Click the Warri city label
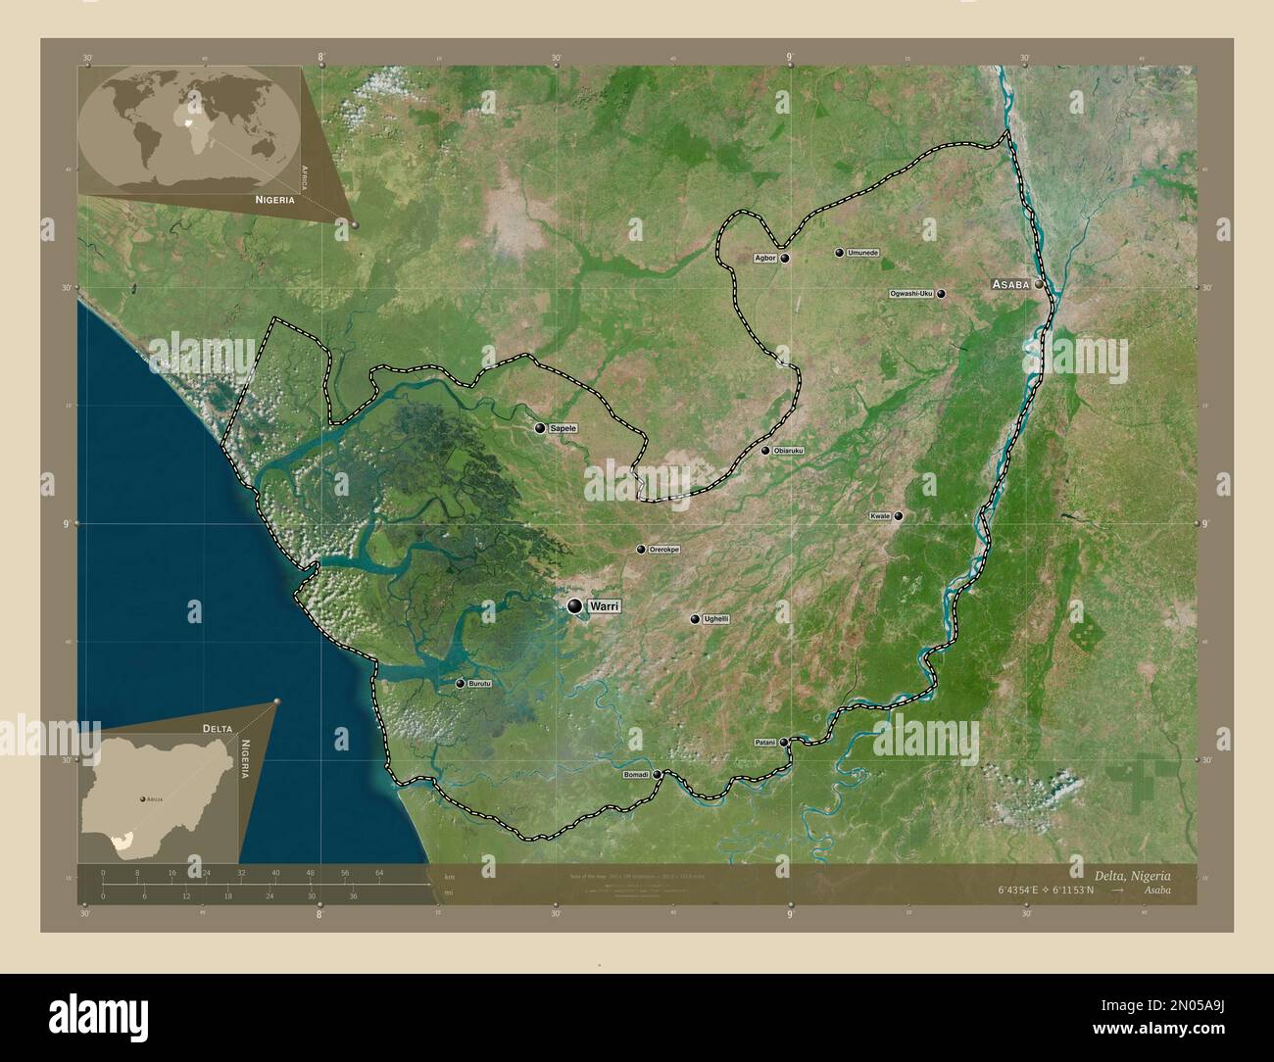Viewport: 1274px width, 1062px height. pos(605,607)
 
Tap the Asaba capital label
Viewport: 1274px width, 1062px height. pos(1010,284)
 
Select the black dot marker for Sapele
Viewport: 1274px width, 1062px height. pos(540,428)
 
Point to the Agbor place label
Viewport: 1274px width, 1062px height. pos(765,259)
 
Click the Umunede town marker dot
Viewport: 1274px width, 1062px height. pos(839,253)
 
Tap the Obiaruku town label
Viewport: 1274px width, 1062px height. pos(788,451)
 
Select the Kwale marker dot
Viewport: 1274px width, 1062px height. pos(898,515)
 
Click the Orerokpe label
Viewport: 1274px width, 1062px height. pos(664,550)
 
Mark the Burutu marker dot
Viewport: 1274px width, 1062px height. pos(460,684)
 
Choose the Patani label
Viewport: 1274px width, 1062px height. pos(764,743)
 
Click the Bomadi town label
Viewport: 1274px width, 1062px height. pos(636,775)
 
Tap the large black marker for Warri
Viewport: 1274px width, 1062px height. pos(574,606)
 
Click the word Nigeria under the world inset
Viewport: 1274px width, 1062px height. pos(274,199)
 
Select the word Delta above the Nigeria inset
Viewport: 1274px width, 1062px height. pos(218,729)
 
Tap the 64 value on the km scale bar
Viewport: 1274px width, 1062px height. pos(379,872)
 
